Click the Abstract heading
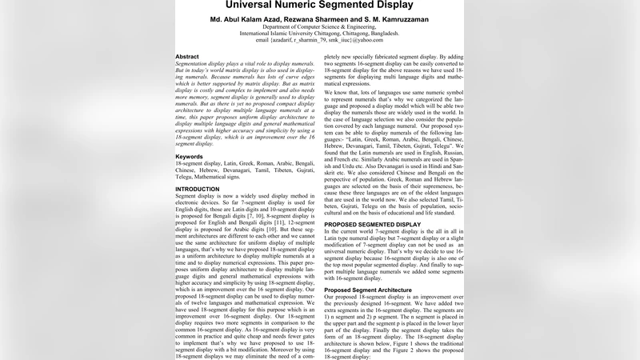[187, 58]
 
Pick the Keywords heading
[189, 157]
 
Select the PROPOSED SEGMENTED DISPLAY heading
[372, 225]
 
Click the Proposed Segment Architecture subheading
[369, 290]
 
